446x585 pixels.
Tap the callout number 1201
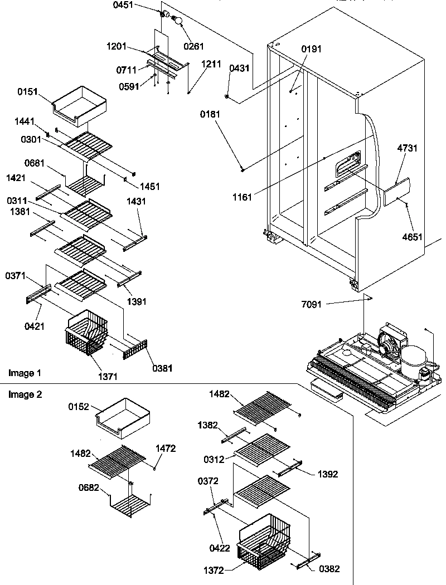(117, 46)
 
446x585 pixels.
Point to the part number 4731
(407, 148)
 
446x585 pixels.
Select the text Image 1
(25, 372)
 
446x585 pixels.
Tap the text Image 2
(25, 394)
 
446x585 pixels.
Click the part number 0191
(312, 49)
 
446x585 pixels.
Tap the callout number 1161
(243, 197)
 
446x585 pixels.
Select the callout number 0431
(239, 68)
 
